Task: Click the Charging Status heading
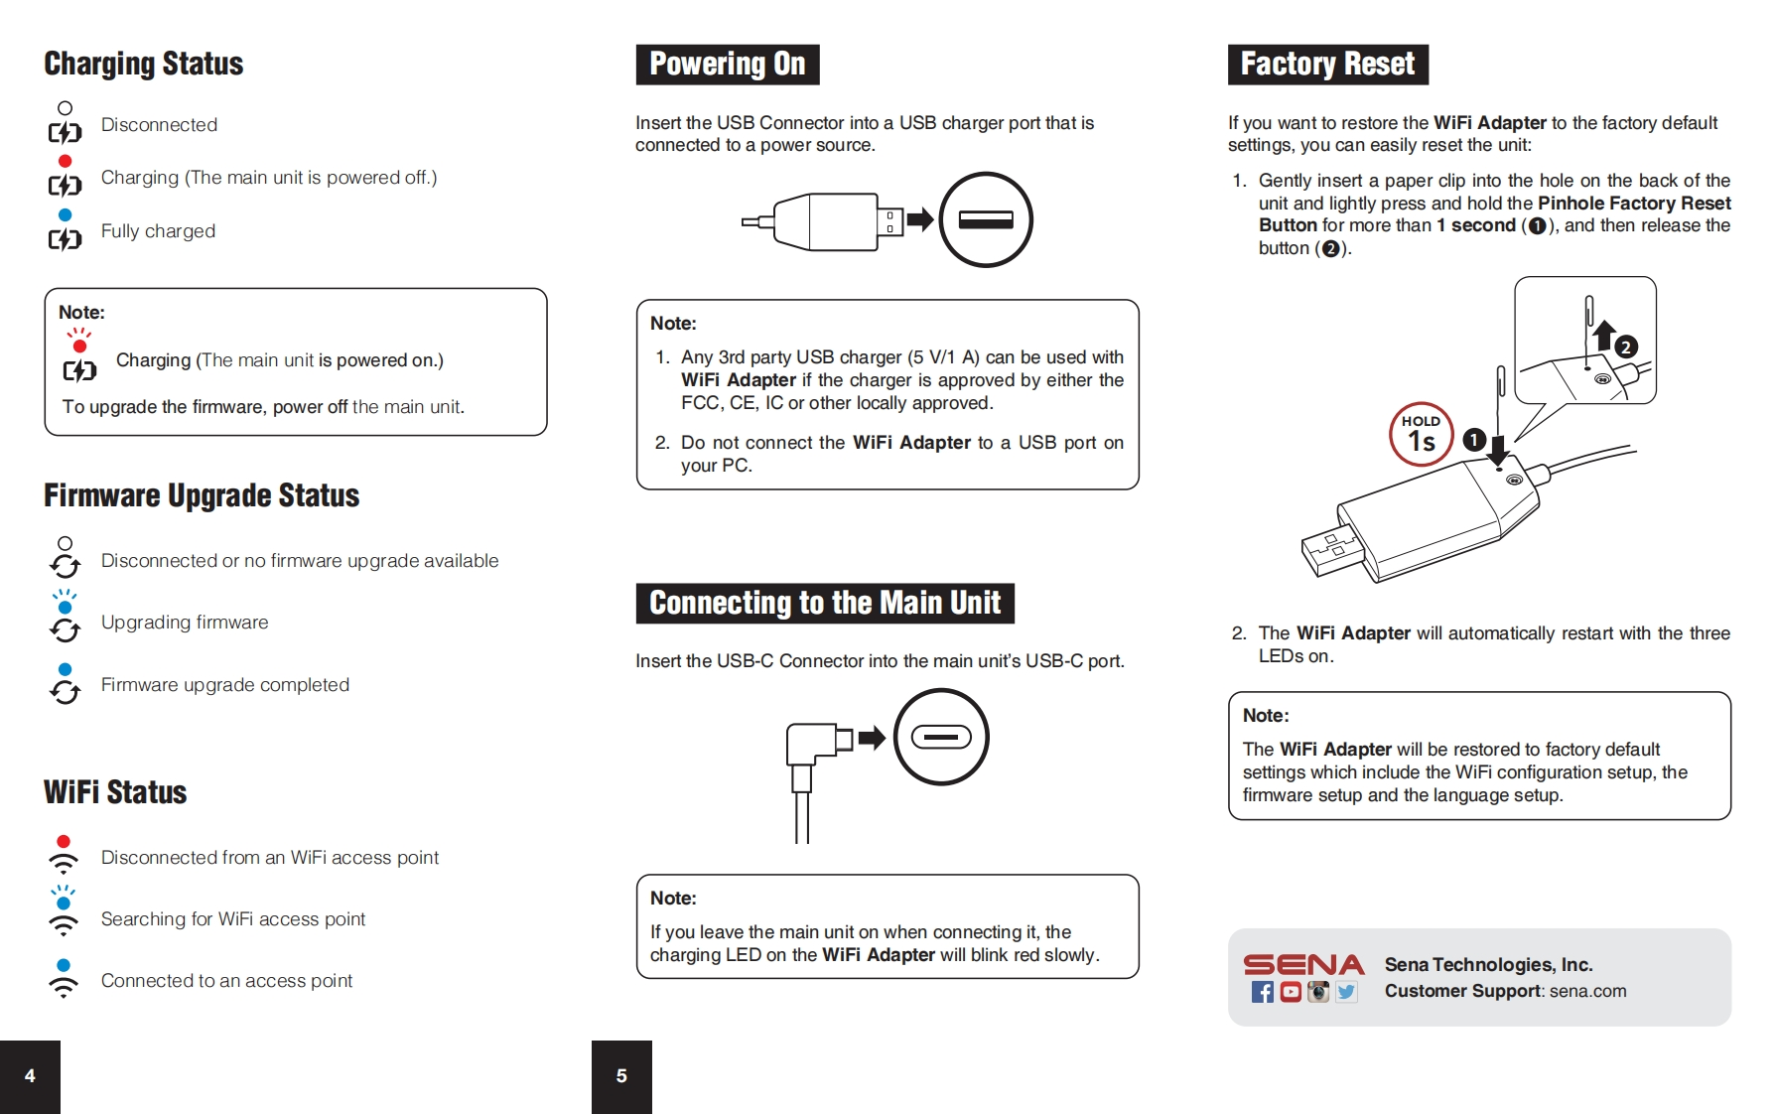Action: pos(144,64)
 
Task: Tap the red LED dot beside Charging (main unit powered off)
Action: pos(66,161)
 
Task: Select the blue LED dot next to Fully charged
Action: pos(66,214)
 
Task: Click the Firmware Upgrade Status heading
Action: pos(202,495)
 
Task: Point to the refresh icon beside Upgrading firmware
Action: pos(66,630)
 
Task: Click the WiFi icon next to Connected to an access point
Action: pos(64,986)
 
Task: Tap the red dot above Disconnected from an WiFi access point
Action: pos(64,842)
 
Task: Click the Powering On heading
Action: pos(727,65)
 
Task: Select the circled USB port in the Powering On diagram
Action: pos(986,219)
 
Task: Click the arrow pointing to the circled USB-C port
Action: pos(872,738)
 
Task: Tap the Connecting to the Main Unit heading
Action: pos(824,603)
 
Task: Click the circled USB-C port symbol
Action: pos(941,738)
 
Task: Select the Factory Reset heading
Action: pos(1327,65)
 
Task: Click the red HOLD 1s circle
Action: pos(1421,435)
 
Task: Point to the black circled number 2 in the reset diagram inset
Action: pos(1625,347)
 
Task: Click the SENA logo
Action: pos(1303,964)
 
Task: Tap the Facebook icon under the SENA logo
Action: pos(1262,992)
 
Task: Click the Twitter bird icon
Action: pos(1346,992)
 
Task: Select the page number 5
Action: pos(621,1076)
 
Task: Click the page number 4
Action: pos(30,1076)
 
